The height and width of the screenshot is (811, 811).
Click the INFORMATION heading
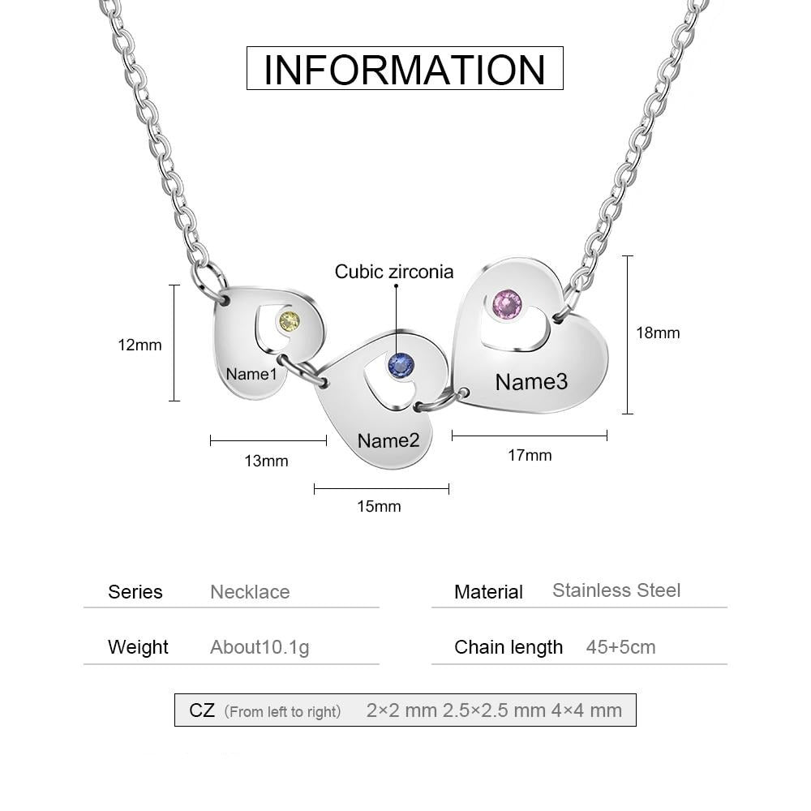[405, 69]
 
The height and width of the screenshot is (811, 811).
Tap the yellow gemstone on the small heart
[290, 322]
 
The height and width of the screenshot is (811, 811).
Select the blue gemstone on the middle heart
[401, 366]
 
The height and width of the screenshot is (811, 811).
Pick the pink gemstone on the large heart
[508, 305]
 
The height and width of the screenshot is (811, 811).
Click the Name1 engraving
[251, 374]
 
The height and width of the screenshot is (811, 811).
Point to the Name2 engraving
[388, 440]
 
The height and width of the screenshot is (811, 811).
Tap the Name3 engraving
[531, 382]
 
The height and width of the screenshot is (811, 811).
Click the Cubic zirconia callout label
[394, 272]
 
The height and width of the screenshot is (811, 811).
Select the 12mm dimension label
[139, 345]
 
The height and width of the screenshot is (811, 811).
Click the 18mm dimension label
[658, 333]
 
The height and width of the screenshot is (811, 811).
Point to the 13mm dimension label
[266, 461]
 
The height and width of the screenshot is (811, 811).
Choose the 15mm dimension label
[379, 506]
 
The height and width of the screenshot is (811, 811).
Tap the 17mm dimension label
[530, 455]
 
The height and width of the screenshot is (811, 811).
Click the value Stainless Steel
[616, 590]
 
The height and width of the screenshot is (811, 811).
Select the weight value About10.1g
[260, 647]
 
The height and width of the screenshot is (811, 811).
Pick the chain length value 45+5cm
[620, 647]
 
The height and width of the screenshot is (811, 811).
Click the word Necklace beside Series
[250, 592]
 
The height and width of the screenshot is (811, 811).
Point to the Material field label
[488, 592]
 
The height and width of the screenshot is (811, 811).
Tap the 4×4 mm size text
[586, 710]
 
